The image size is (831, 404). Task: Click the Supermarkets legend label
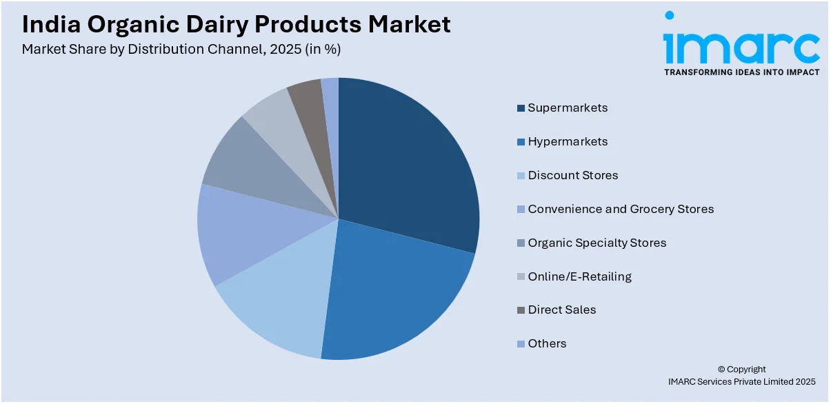point(568,108)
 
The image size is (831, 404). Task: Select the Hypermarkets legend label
point(568,141)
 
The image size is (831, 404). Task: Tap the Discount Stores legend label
point(572,175)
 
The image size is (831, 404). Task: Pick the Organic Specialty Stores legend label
point(597,243)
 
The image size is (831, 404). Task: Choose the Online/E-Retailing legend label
point(579,276)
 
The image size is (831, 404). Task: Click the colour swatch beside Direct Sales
point(521,310)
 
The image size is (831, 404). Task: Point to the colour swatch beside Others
point(521,344)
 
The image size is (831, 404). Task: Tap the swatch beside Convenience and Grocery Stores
point(521,209)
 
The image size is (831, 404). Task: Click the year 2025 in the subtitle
point(288,50)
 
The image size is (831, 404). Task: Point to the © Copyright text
point(741,370)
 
